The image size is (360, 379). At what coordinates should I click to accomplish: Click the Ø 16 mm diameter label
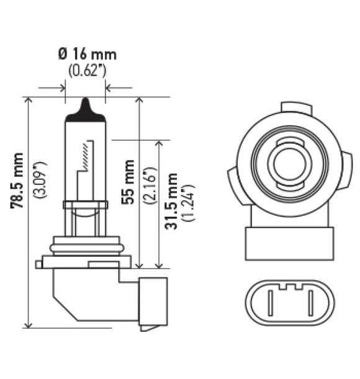(87, 54)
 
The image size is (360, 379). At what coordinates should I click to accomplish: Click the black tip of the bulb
(86, 110)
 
